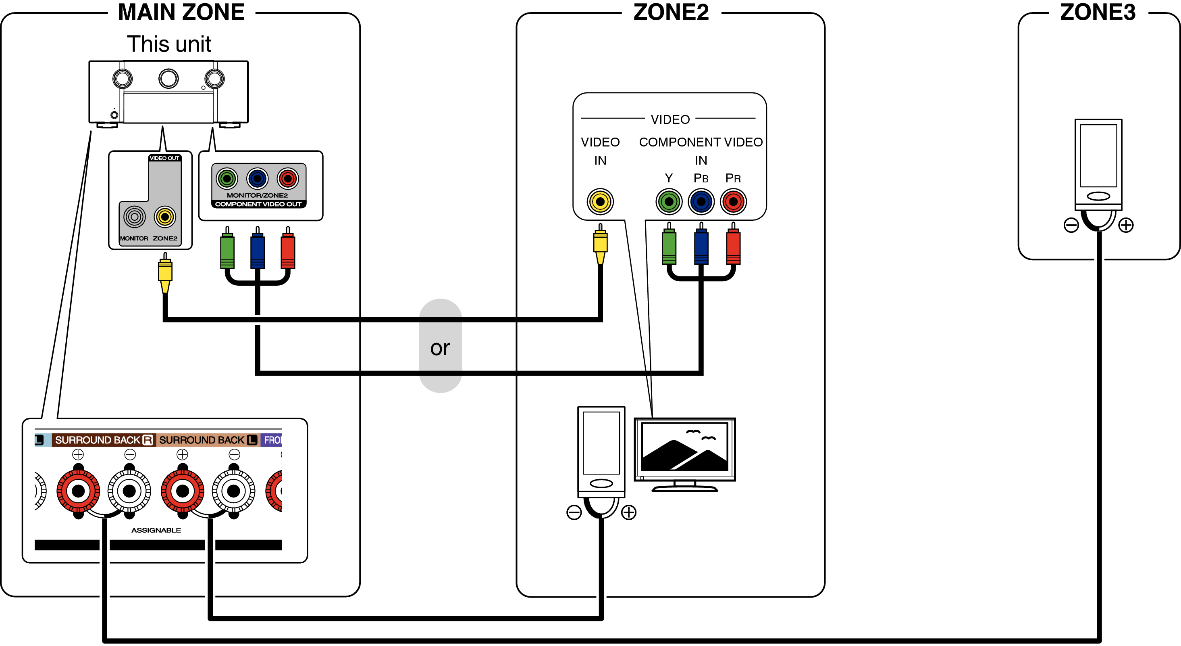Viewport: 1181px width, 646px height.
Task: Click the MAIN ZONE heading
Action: pyautogui.click(x=181, y=13)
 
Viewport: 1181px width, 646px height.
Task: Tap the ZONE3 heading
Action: pyautogui.click(x=1098, y=13)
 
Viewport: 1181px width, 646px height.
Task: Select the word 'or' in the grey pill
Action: pyautogui.click(x=440, y=348)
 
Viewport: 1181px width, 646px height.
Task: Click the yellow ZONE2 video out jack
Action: pyautogui.click(x=164, y=217)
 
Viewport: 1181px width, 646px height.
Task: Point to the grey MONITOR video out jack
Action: pyautogui.click(x=134, y=217)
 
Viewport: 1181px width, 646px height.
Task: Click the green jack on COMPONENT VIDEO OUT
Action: pyautogui.click(x=227, y=178)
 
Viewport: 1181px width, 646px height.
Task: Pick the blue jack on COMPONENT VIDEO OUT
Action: pyautogui.click(x=257, y=178)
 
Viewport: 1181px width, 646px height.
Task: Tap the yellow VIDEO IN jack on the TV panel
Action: pyautogui.click(x=600, y=201)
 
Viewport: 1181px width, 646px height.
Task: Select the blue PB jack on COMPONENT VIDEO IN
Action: pyautogui.click(x=701, y=201)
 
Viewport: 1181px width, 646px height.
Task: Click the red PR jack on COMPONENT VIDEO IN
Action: pyautogui.click(x=733, y=201)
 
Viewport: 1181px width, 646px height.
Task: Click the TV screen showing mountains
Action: pyautogui.click(x=684, y=447)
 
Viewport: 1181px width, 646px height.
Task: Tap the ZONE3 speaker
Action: pyautogui.click(x=1098, y=165)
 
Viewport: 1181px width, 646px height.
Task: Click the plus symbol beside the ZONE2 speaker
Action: pyautogui.click(x=628, y=512)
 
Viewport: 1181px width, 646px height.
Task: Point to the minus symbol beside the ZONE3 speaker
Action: pyautogui.click(x=1071, y=225)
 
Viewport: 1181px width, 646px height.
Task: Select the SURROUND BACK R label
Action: pyautogui.click(x=104, y=440)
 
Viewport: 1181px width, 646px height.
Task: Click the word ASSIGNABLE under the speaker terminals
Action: pyautogui.click(x=156, y=530)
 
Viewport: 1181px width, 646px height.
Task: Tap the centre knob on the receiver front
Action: pyautogui.click(x=168, y=78)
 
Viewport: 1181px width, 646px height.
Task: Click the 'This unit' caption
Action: pyautogui.click(x=169, y=44)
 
